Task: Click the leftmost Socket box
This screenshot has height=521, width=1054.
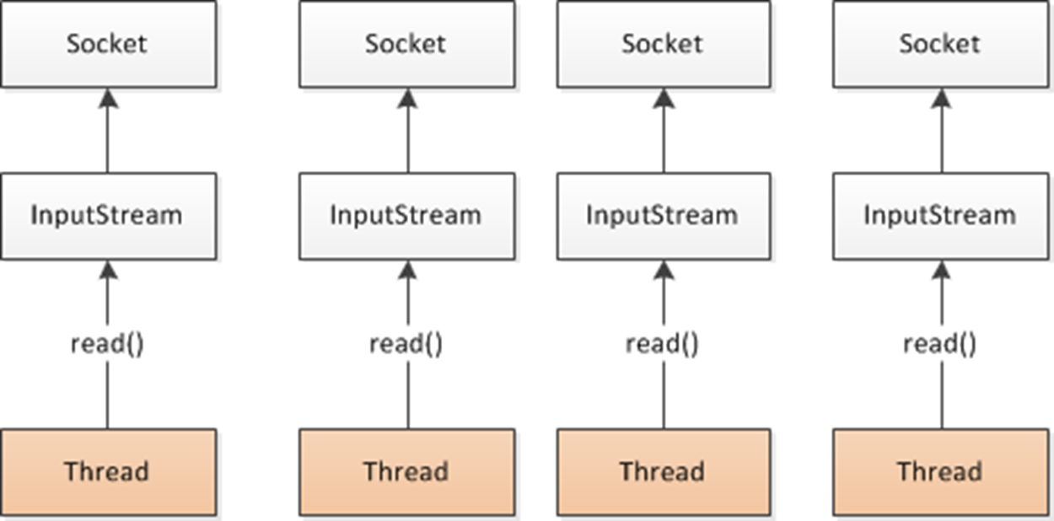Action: [108, 44]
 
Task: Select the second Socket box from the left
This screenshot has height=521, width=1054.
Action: [406, 44]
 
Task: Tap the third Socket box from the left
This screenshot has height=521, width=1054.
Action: [663, 44]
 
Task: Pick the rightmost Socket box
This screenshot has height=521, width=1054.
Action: [940, 44]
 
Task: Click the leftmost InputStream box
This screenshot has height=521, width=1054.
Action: [108, 216]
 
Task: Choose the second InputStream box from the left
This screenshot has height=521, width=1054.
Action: [406, 216]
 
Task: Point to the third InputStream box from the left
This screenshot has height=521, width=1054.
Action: [663, 216]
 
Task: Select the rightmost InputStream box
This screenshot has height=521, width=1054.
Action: [940, 216]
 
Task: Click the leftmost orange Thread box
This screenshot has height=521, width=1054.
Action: [108, 471]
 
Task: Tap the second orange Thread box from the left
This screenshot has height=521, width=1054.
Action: [406, 471]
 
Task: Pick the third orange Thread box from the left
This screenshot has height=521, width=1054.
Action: [663, 471]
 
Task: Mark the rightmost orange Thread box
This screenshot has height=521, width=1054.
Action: [940, 471]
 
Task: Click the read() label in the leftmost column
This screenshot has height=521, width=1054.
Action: [107, 344]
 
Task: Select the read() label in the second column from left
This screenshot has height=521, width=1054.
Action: [406, 344]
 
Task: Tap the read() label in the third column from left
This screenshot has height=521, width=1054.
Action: [663, 344]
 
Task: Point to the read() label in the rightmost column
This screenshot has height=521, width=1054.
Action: [940, 344]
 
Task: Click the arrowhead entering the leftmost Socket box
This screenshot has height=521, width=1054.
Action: [107, 98]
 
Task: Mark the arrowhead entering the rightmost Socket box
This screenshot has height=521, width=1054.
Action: [941, 98]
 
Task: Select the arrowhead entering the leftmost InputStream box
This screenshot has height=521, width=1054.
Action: [107, 270]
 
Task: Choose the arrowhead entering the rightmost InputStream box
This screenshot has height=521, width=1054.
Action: [941, 270]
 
